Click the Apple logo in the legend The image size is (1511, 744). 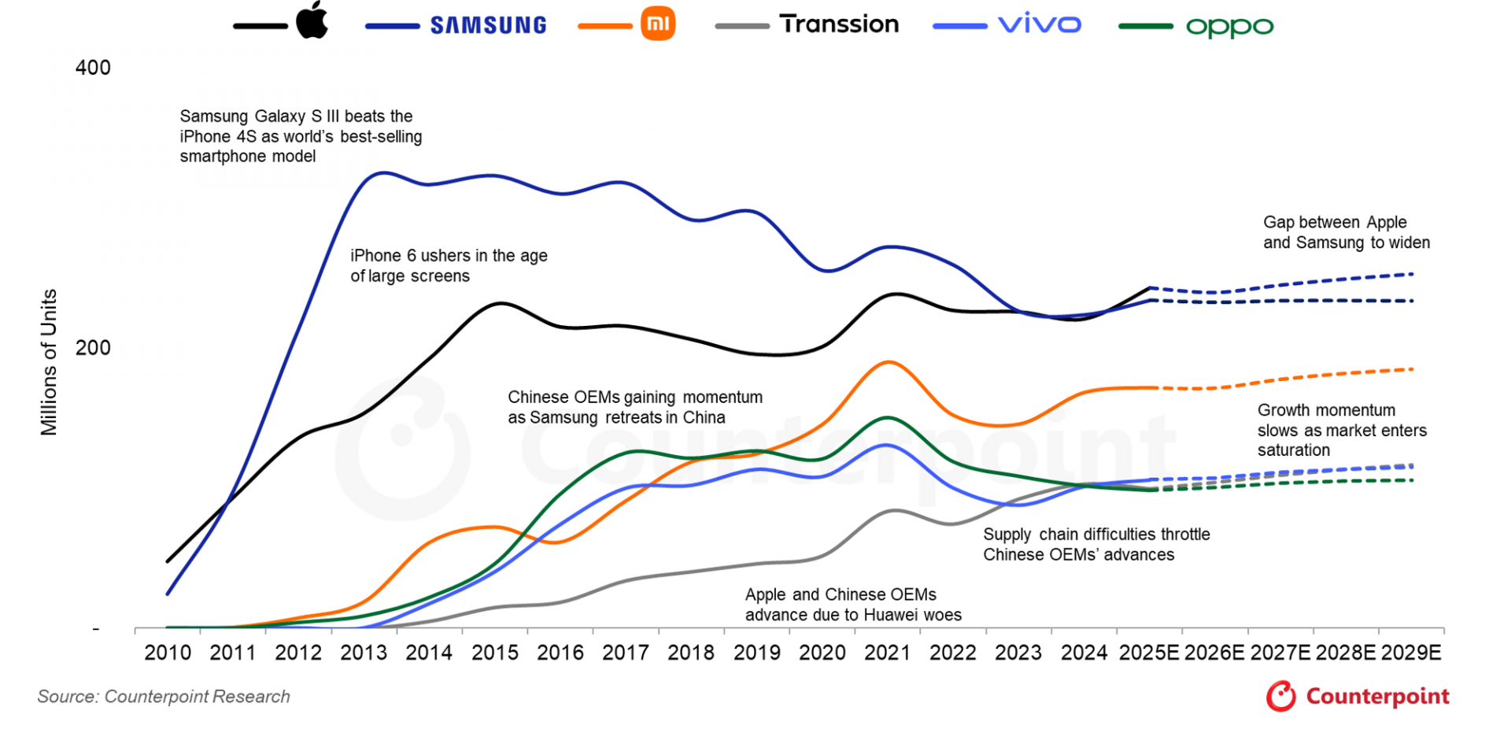pos(312,20)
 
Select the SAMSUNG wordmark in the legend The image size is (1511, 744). pos(488,25)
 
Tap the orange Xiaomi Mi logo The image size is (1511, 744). pos(658,24)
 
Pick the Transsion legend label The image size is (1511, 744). pos(839,24)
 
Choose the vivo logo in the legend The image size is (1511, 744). pos(1040,24)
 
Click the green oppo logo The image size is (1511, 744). pos(1229,27)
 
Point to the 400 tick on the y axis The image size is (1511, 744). pos(93,68)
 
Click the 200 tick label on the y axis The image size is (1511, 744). pos(93,348)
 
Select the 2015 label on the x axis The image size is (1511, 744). pos(494,653)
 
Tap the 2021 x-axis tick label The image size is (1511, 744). pos(887,653)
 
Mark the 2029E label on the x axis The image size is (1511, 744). pos(1411,653)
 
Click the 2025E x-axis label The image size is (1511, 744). pos(1149,653)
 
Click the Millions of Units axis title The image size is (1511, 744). pos(49,362)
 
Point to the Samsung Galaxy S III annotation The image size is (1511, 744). pos(301,136)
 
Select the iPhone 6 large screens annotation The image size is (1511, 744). pos(449,265)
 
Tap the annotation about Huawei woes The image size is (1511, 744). pos(853,605)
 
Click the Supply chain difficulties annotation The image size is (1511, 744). pos(1096,544)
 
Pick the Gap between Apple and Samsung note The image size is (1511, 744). pos(1346,232)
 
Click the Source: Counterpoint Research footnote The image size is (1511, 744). pos(164,697)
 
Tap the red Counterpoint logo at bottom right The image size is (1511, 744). pos(1358,697)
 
